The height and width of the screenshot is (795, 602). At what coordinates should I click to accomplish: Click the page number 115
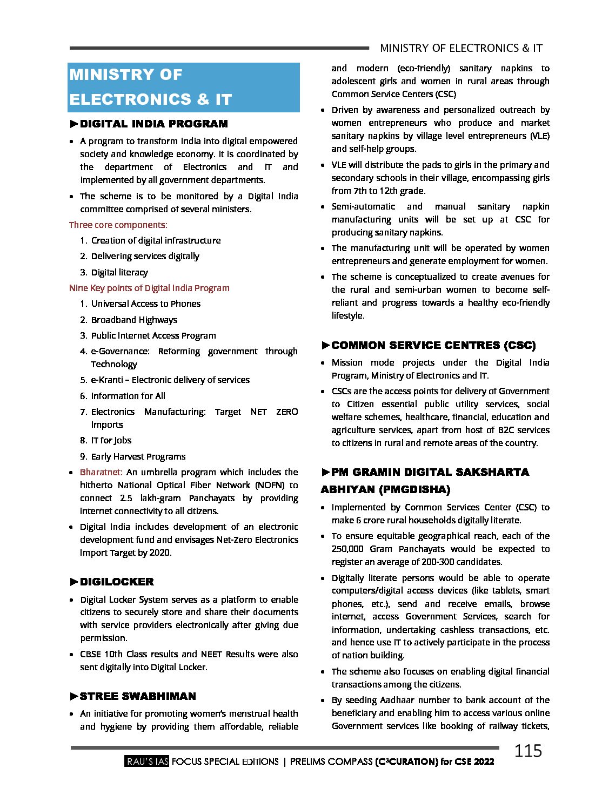(527, 751)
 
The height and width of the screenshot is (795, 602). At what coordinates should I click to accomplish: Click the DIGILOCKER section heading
(117, 582)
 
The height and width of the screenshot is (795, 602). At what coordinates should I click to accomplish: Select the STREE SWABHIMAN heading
(137, 696)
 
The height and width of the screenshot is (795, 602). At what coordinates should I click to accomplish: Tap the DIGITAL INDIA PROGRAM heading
(153, 124)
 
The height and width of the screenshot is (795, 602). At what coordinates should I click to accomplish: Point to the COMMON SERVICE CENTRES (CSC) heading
(433, 345)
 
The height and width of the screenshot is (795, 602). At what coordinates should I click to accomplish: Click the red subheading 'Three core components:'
(118, 225)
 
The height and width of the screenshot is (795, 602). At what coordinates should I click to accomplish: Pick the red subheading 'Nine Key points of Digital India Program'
(149, 288)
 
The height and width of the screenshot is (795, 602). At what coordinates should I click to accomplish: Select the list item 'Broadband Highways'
(134, 320)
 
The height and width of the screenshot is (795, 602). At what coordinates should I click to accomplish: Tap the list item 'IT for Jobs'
(111, 440)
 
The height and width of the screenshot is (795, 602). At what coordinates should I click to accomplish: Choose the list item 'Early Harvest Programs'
(138, 456)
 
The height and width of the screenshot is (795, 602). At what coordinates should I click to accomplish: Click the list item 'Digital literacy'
(119, 272)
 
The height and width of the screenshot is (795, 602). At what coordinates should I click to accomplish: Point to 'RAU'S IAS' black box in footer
(147, 762)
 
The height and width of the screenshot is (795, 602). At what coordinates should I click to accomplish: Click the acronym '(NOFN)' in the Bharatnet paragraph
(270, 485)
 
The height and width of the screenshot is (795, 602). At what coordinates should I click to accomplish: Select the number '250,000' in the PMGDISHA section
(347, 549)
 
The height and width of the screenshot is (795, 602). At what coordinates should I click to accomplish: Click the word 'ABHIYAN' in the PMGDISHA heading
(346, 489)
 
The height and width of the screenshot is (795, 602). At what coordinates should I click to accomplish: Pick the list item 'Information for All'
(128, 396)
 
